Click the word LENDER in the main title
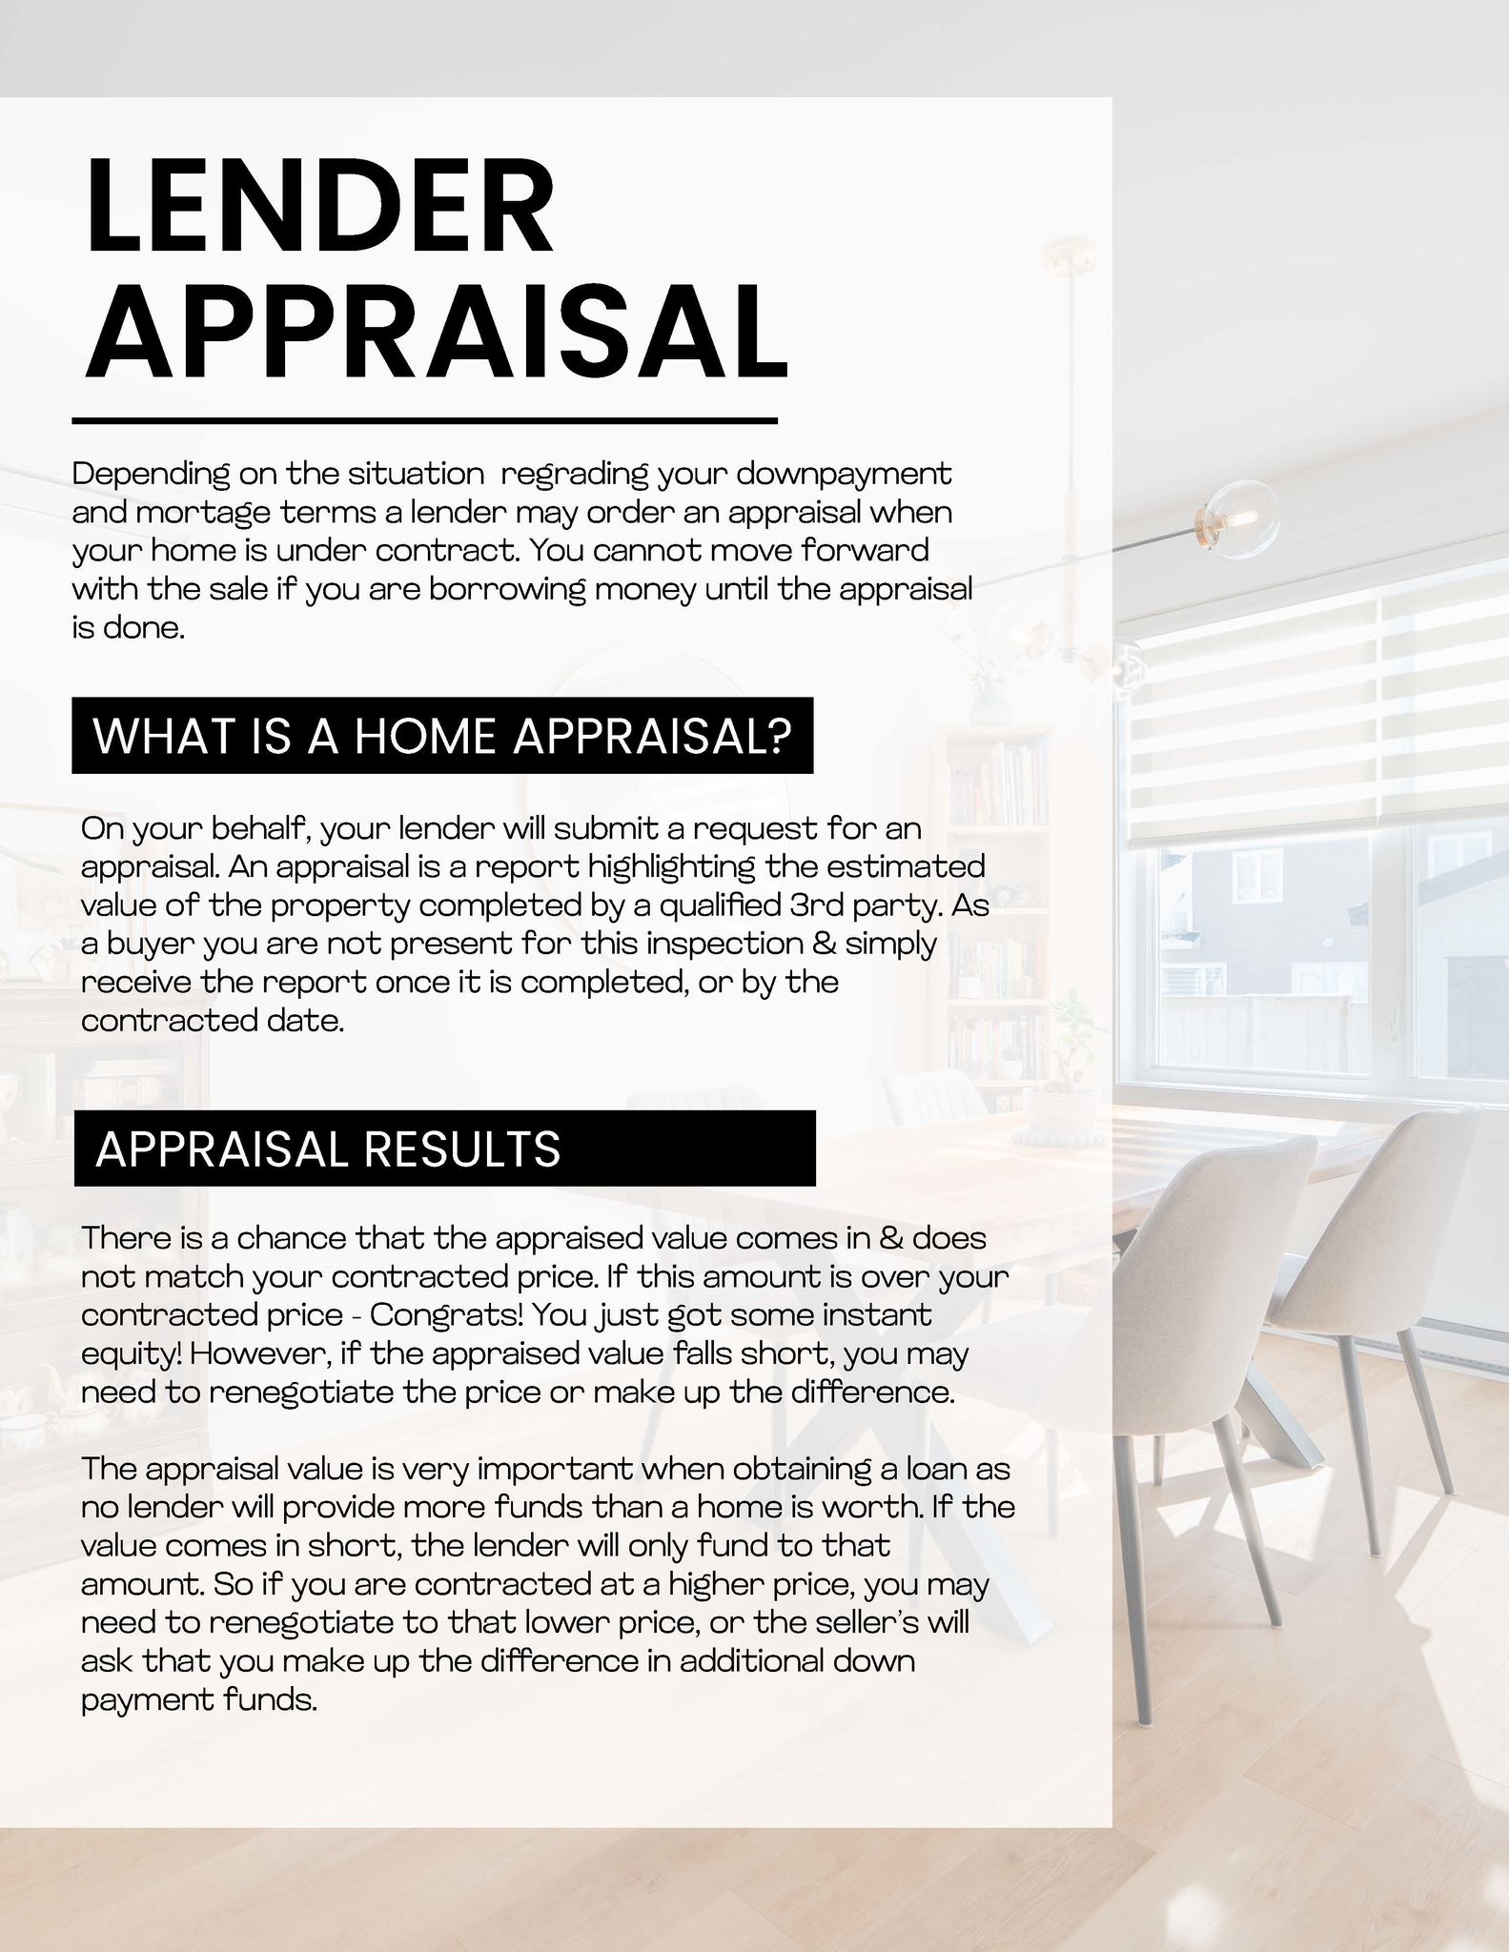[x=319, y=206]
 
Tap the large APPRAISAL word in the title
[x=437, y=330]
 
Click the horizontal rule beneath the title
[x=424, y=420]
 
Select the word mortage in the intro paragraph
[x=203, y=513]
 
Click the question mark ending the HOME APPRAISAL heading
[x=780, y=737]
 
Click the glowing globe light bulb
[x=1240, y=516]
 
